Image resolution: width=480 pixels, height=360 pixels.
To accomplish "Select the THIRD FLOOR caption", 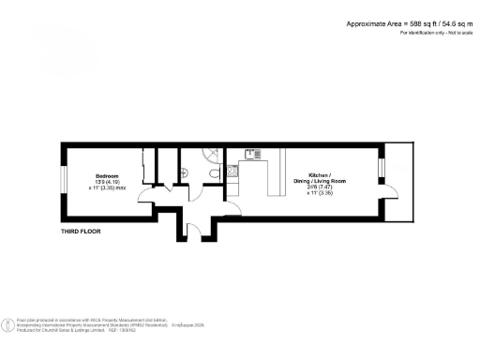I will [x=81, y=231].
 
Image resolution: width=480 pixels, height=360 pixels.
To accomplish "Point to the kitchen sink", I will [x=251, y=154].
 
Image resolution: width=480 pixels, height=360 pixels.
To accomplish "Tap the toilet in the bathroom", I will [x=217, y=172].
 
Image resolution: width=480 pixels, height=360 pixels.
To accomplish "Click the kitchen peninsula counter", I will [x=276, y=178].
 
